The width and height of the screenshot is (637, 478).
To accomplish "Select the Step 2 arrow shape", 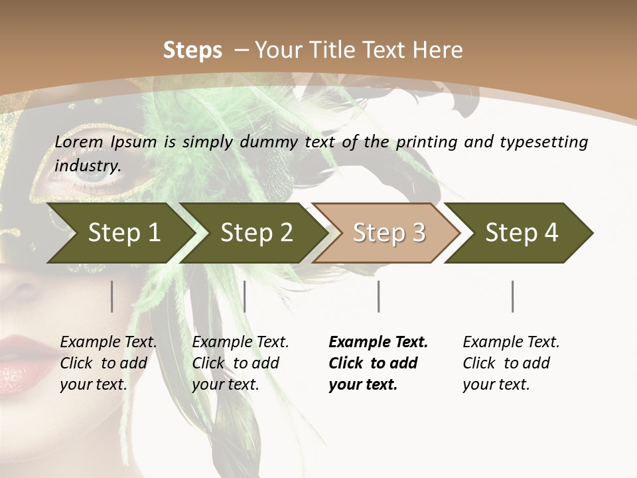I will pos(255,233).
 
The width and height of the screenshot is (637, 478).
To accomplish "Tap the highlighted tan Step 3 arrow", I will pos(388,233).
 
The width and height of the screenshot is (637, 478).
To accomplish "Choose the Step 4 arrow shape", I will pos(521,233).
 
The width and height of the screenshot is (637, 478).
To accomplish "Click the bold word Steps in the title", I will pos(192,50).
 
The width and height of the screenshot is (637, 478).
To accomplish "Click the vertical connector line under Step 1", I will pos(112,296).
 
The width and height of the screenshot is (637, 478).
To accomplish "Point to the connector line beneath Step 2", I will pos(245,296).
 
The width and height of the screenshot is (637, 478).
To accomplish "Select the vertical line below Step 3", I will pos(378,296).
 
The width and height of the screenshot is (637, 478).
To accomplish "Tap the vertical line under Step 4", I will pos(512,296).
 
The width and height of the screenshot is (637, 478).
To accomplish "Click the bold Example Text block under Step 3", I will pos(378,363).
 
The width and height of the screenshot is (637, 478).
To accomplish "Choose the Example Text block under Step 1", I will pos(108,363).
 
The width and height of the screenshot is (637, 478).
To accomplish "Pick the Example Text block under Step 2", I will pos(240,363).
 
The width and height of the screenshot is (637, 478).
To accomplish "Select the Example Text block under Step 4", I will pos(511,363).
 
